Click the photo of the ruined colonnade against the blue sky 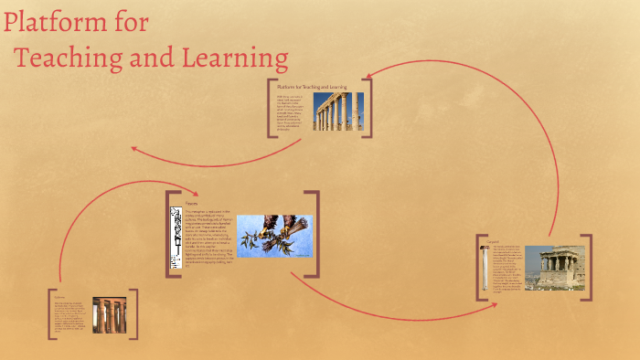[x=337, y=111]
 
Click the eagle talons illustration [x=274, y=236]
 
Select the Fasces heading [x=192, y=203]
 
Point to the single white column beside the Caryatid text [x=484, y=268]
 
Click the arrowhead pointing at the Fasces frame [x=195, y=193]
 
